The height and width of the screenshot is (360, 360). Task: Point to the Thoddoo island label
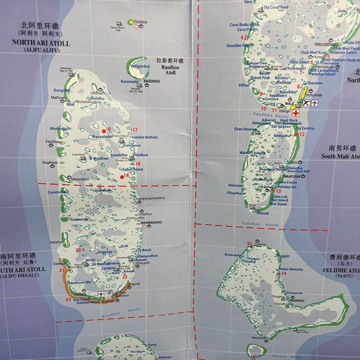[141, 21]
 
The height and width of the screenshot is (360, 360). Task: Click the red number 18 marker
[138, 164]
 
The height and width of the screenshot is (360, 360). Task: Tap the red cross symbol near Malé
[296, 113]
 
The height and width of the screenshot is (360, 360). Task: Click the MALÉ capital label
[290, 103]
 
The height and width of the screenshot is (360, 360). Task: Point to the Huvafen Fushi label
[239, 45]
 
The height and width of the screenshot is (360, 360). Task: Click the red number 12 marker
[302, 134]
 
